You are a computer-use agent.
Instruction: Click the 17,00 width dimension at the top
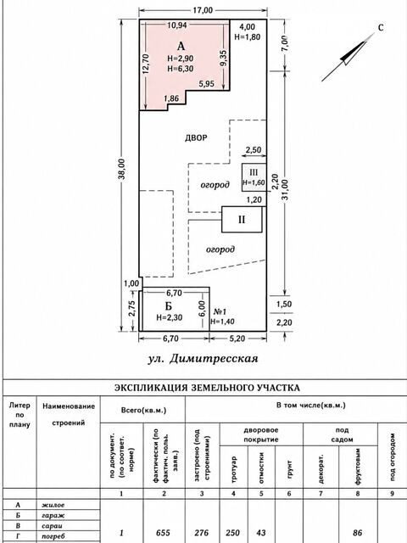pyautogui.click(x=203, y=10)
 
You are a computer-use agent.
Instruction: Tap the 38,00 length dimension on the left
pyautogui.click(x=124, y=170)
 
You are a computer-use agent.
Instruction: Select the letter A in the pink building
pyautogui.click(x=181, y=46)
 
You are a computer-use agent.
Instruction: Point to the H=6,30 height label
pyautogui.click(x=181, y=69)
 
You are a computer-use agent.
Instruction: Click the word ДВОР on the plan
pyautogui.click(x=196, y=137)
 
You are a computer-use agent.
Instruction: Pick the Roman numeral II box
pyautogui.click(x=242, y=220)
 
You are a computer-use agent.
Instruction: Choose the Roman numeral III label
pyautogui.click(x=254, y=172)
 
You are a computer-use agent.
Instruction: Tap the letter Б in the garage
pyautogui.click(x=169, y=306)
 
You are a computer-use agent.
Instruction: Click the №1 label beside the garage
pyautogui.click(x=220, y=311)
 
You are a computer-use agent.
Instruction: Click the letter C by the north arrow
pyautogui.click(x=381, y=28)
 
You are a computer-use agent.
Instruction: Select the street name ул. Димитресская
pyautogui.click(x=203, y=359)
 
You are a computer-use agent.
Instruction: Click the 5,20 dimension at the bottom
pyautogui.click(x=237, y=339)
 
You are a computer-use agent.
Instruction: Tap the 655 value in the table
pyautogui.click(x=164, y=533)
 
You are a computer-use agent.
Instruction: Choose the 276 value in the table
pyautogui.click(x=202, y=533)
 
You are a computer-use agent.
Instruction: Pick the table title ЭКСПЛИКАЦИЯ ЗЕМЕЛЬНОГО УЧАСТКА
pyautogui.click(x=207, y=388)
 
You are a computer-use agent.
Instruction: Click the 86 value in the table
pyautogui.click(x=358, y=533)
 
